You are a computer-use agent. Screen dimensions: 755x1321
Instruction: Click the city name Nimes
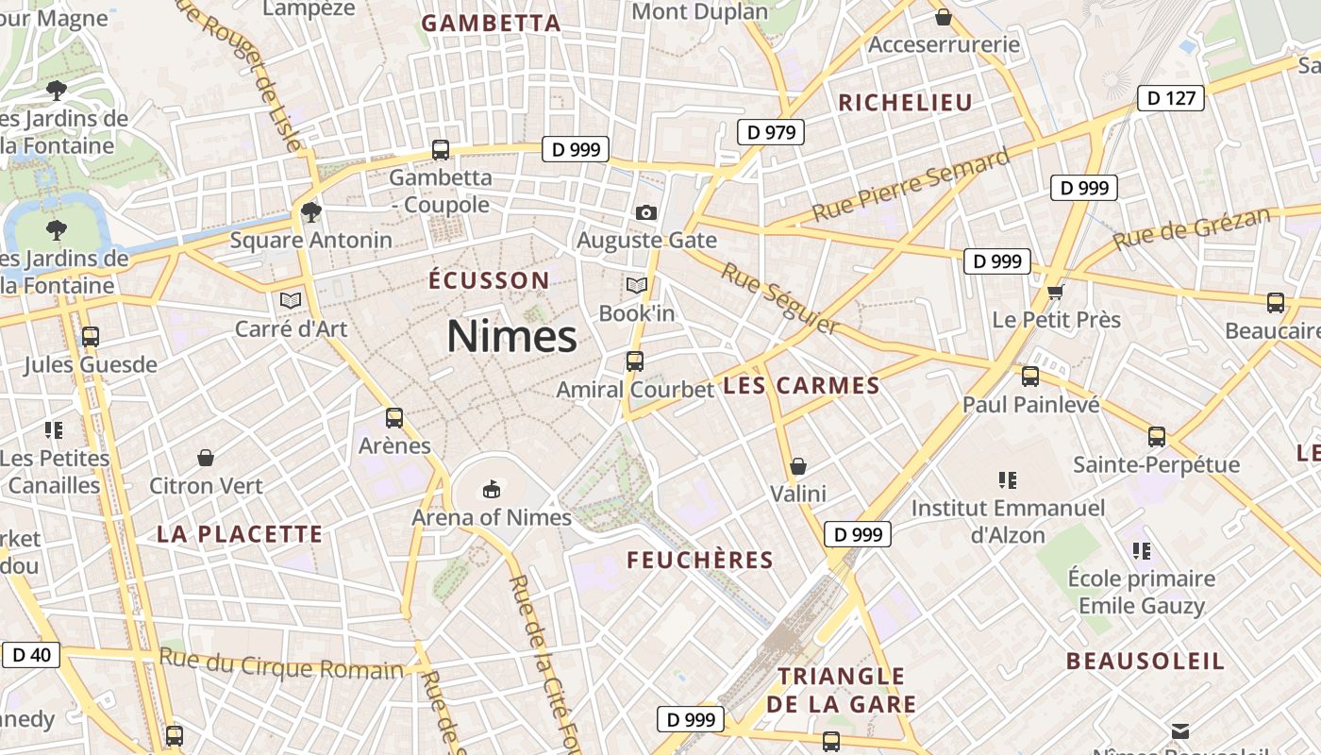511,336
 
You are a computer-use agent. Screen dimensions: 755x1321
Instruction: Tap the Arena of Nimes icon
491,489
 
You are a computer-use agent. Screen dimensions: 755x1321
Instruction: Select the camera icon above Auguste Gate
646,212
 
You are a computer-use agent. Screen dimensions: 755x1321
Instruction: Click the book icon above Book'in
637,285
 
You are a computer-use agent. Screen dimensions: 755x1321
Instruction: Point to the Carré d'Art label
291,328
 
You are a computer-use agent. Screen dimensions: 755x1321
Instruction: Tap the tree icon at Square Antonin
311,212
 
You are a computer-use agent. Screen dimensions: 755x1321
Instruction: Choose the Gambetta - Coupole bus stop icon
441,149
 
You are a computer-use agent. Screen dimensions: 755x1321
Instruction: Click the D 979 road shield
771,132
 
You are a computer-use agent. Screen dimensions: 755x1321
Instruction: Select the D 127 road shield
1171,98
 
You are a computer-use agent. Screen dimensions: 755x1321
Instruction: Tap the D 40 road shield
31,654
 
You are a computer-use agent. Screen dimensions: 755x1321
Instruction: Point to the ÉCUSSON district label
489,280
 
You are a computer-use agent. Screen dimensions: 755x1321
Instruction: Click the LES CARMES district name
801,385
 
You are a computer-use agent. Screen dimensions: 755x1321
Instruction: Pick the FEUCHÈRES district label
700,560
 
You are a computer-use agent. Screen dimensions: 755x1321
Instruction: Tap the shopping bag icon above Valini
798,466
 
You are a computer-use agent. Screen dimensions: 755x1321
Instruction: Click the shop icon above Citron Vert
206,459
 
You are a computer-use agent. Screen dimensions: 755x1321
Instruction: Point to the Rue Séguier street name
779,298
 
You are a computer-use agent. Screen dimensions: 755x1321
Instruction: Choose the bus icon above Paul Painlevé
1030,377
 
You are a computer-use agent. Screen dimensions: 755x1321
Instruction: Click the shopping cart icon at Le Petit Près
1055,292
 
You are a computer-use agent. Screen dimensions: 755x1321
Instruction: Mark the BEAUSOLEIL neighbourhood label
1145,661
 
